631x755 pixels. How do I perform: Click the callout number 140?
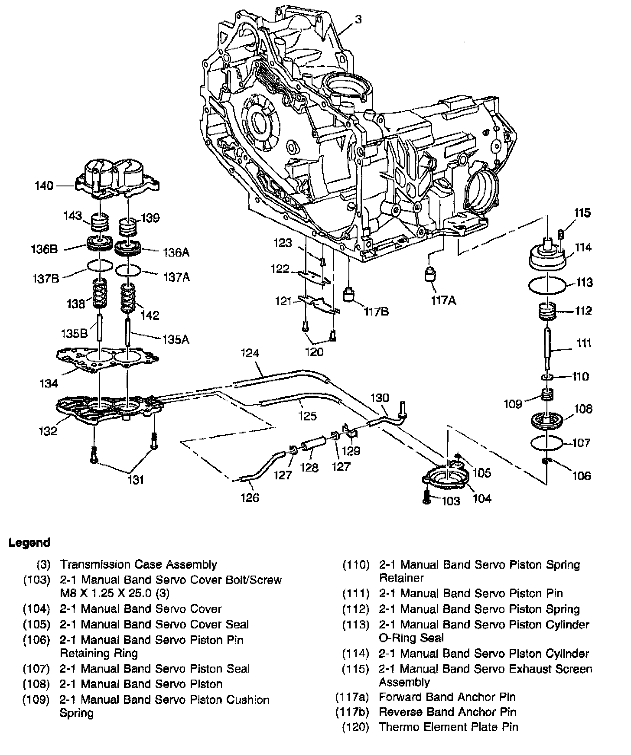44,186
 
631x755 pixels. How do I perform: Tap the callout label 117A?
443,300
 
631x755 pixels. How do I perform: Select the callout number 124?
250,354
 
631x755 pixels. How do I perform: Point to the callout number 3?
358,19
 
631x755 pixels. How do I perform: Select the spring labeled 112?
547,312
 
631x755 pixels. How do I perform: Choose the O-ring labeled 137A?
128,270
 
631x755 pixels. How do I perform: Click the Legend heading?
29,543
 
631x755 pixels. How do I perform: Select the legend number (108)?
36,684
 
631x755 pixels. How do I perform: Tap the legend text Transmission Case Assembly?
138,564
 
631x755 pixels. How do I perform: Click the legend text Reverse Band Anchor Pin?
447,712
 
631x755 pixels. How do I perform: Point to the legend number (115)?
355,669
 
